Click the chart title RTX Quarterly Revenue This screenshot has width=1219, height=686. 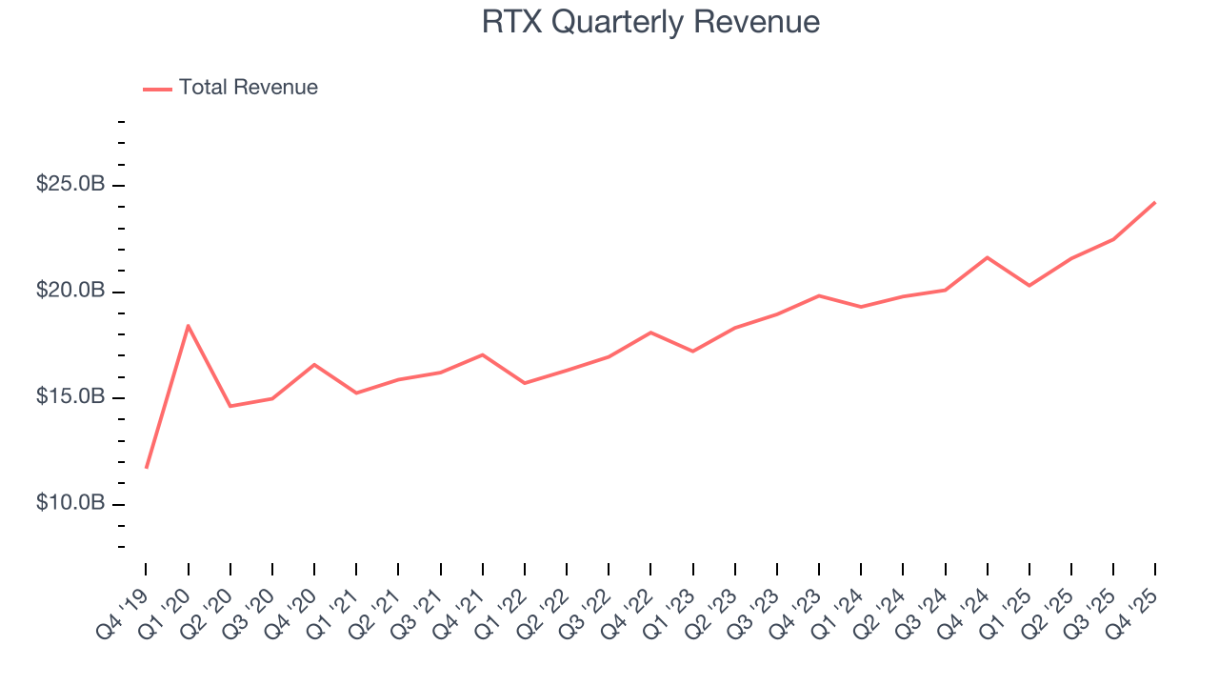coord(650,22)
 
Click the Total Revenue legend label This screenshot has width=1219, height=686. coord(248,88)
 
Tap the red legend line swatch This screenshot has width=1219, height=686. coord(157,89)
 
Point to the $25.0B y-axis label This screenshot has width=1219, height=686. coord(70,184)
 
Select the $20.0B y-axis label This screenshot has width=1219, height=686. coord(70,291)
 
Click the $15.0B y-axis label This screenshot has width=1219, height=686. coord(70,396)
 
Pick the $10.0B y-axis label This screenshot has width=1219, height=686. coord(70,503)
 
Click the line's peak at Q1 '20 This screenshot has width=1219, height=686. coord(189,326)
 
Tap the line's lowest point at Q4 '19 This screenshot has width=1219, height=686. coord(147,467)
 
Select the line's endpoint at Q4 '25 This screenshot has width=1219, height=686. coord(1155,202)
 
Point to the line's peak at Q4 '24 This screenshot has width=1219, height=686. coord(987,257)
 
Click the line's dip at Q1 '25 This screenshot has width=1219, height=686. coord(1029,286)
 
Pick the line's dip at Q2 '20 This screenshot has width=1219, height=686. coord(230,406)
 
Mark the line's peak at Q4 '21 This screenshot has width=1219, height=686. coord(483,354)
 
